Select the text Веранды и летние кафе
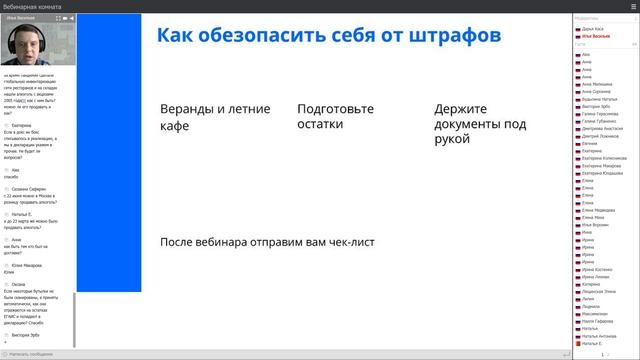pyautogui.click(x=200, y=117)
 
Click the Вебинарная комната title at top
pyautogui.click(x=30, y=5)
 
